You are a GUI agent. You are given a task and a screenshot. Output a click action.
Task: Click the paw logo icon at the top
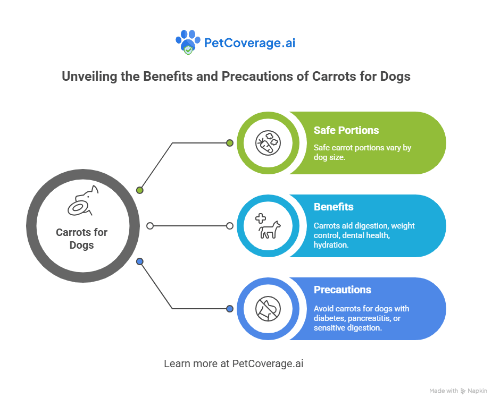coord(188,43)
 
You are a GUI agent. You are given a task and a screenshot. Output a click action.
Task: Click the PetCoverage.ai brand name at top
coord(249,43)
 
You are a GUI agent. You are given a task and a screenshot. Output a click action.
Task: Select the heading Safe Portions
coord(346,130)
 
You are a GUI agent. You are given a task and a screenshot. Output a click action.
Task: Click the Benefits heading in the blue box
coord(334,207)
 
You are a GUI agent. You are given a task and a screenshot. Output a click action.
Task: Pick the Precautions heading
coord(342,290)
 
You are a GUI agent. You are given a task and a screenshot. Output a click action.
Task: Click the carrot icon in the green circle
coord(268,143)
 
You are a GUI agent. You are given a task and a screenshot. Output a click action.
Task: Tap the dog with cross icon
coord(268,226)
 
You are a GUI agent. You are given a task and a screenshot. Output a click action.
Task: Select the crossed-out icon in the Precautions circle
coord(268,309)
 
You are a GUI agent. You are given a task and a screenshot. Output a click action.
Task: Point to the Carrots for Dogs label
coord(81,239)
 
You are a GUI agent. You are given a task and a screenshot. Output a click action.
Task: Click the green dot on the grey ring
coord(140,190)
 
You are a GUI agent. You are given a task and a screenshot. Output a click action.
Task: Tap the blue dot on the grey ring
coord(140,261)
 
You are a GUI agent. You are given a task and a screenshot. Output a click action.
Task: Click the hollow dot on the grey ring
coord(150,226)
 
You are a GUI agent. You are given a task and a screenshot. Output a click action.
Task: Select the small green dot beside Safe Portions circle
coord(229,143)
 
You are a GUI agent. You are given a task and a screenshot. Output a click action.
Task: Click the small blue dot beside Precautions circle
coord(229,309)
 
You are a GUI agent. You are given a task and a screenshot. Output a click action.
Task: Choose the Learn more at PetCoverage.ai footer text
coord(234,364)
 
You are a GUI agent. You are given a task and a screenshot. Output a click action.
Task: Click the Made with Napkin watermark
coord(458,391)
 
